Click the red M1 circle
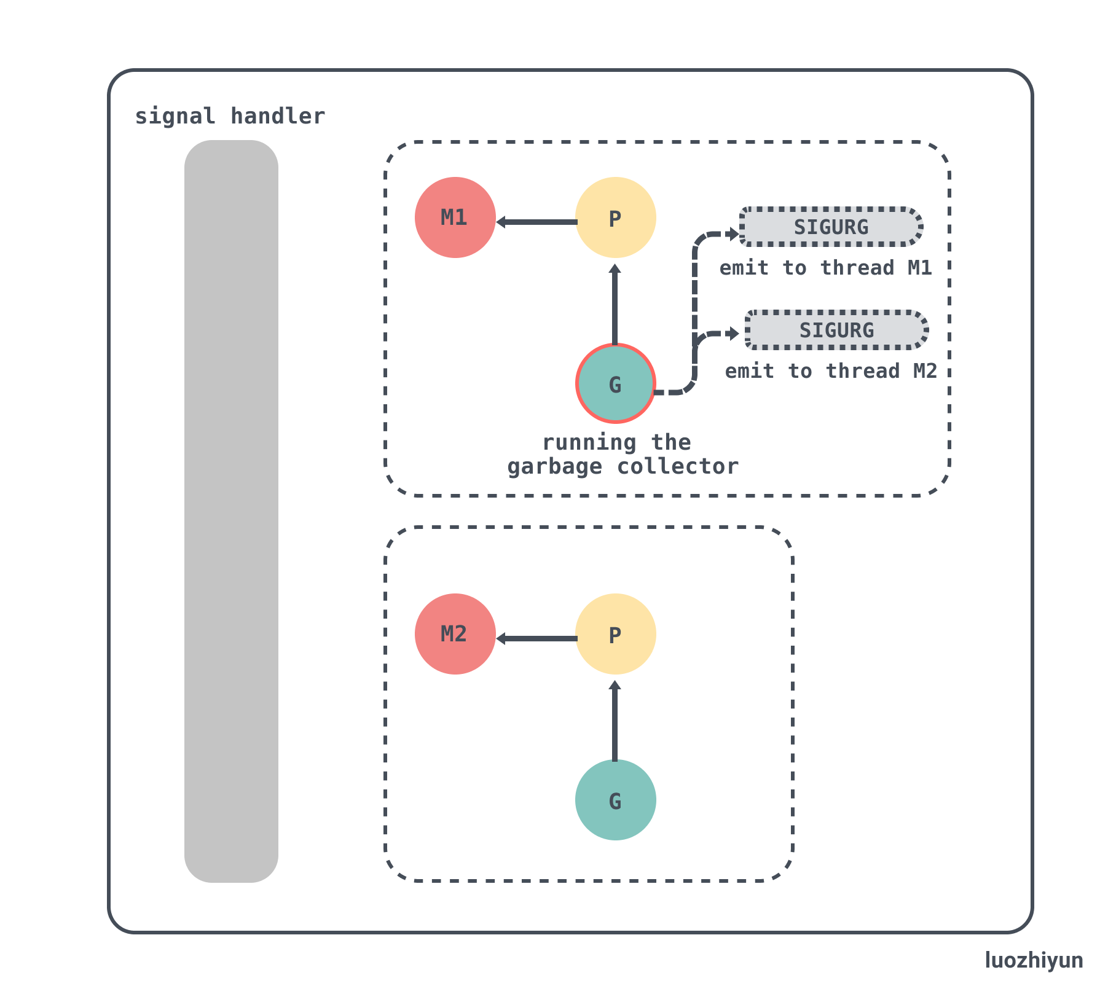coord(455,217)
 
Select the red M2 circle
coord(455,634)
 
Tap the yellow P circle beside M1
coord(615,217)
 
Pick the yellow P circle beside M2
coord(615,634)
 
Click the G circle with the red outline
coord(615,383)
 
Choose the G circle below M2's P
coord(615,800)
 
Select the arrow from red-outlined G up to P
coord(615,304)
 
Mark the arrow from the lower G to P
coord(615,721)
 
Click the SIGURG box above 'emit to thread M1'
coord(831,227)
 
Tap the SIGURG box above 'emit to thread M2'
coord(836,331)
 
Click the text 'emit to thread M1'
coord(825,268)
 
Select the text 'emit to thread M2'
coord(831,371)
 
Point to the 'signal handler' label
coord(230,116)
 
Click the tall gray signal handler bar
coord(231,511)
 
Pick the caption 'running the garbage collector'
coord(622,455)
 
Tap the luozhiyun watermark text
coord(1034,960)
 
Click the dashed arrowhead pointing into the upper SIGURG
coord(733,233)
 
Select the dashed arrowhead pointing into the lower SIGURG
coord(733,334)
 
